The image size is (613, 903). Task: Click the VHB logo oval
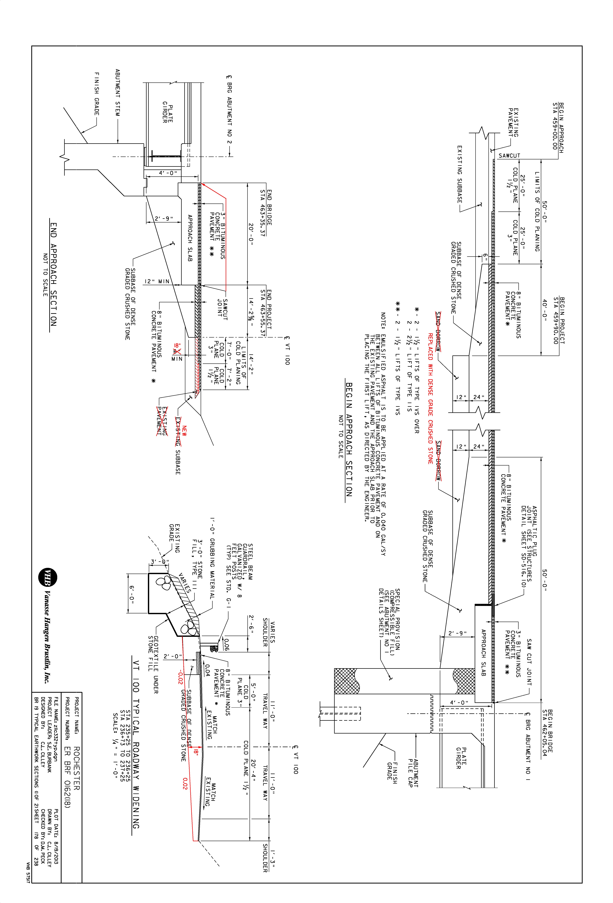click(47, 577)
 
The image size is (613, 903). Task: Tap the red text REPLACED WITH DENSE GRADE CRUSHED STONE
click(431, 398)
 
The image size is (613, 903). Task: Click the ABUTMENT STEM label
click(117, 93)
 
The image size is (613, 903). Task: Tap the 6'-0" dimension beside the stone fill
click(132, 595)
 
